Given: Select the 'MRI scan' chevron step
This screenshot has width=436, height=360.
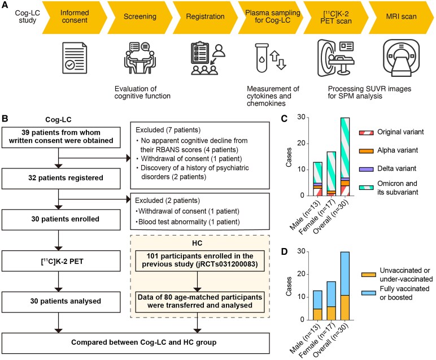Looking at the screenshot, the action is coord(401,18).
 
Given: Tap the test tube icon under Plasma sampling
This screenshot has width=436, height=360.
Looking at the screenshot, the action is coord(262,58).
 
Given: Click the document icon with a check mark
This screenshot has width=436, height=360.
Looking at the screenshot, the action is coord(75,58).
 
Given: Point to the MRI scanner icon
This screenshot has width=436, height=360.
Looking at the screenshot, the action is coord(401,58).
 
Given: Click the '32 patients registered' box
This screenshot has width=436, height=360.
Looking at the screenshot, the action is coord(61,179).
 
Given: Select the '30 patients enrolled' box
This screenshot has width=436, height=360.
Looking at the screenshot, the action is coord(61,219).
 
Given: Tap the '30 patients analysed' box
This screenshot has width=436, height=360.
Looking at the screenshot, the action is coord(61,302).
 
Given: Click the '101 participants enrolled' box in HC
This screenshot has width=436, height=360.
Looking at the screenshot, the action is coord(200,261).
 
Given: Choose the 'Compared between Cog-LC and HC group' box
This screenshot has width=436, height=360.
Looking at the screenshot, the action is coord(136,343).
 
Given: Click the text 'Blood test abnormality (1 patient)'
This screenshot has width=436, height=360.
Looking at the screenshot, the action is coord(189,222).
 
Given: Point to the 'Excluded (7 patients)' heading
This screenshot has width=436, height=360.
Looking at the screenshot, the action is coord(168,130).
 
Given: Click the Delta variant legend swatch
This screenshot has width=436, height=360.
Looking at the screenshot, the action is coord(366,169).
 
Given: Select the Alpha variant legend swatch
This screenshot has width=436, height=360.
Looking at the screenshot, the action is coord(366,151).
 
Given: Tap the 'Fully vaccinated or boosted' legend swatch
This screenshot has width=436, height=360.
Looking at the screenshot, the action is coord(368,293).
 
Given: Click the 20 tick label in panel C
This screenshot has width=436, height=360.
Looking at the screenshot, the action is coord(301,144).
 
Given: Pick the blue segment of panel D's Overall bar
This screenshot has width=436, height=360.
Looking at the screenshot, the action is coord(345,274).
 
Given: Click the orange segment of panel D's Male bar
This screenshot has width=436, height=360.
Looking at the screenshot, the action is coord(317,314).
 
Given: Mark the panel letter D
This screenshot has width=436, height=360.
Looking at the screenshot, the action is coord(284,252).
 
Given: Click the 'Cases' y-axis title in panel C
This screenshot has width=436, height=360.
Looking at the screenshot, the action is coord(289,158).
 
